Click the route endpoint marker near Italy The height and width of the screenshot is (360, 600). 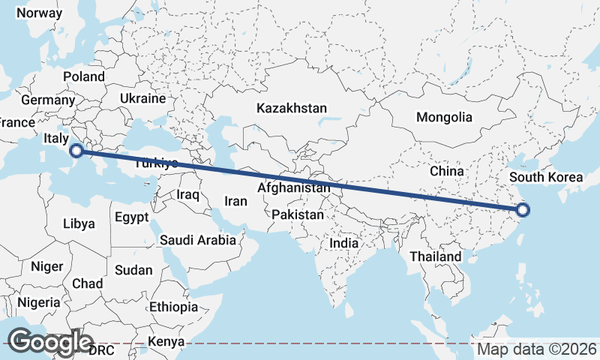[76, 151]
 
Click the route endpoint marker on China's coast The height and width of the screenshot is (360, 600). [523, 211]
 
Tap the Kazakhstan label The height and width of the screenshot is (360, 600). [292, 109]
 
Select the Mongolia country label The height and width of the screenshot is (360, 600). [444, 117]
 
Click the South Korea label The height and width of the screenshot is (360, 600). [545, 178]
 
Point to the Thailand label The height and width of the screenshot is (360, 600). [435, 256]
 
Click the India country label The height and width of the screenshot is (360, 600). [344, 244]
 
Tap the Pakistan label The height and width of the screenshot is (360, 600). [298, 215]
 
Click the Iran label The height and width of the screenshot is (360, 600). [236, 201]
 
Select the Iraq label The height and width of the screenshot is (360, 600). [187, 195]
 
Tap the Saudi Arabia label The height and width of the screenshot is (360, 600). [197, 241]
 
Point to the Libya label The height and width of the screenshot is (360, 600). [79, 223]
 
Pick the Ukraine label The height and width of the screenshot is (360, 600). [142, 99]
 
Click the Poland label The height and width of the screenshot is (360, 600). [84, 76]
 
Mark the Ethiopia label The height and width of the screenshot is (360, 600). [173, 307]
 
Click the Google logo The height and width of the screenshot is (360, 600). [49, 342]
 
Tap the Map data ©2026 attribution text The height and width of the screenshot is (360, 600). [537, 349]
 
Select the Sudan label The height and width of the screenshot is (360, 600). [133, 270]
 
